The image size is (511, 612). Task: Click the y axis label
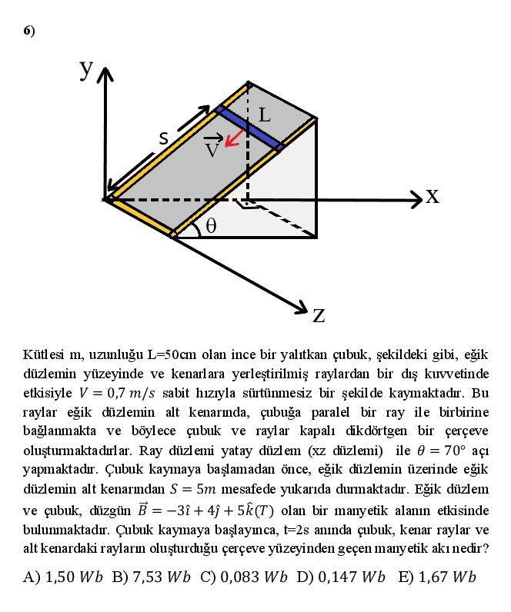[x=86, y=68]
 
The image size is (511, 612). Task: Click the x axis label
[x=433, y=196]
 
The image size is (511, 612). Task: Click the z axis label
[x=319, y=314]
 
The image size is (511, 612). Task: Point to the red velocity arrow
[x=235, y=138]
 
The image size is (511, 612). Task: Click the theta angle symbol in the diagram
[x=210, y=226]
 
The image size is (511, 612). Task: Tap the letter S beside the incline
[x=163, y=138]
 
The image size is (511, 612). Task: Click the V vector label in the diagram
[x=212, y=147]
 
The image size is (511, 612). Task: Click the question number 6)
[x=29, y=31]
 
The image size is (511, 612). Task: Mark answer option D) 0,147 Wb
[x=342, y=577]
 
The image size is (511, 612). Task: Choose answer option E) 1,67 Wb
[x=436, y=577]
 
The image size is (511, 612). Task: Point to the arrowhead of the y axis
[x=105, y=73]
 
